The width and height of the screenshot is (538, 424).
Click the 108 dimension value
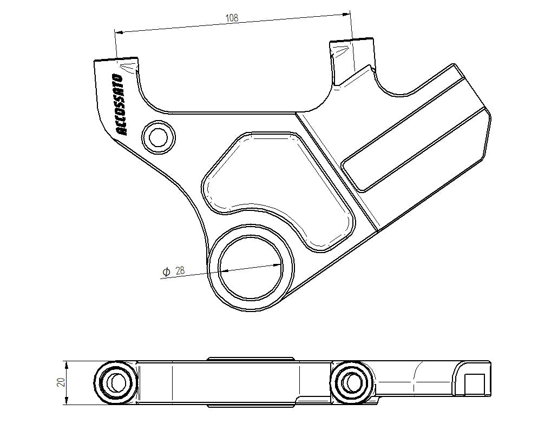tap(232, 18)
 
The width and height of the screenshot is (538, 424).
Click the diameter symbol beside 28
tap(167, 271)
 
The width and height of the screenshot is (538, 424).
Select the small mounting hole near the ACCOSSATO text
tap(158, 137)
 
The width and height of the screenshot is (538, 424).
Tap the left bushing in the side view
tap(115, 382)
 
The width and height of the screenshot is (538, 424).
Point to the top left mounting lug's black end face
tap(116, 58)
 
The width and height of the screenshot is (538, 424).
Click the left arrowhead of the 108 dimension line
tap(120, 32)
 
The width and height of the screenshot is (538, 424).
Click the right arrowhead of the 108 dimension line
tap(346, 14)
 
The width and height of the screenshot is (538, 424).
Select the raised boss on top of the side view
tap(251, 358)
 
